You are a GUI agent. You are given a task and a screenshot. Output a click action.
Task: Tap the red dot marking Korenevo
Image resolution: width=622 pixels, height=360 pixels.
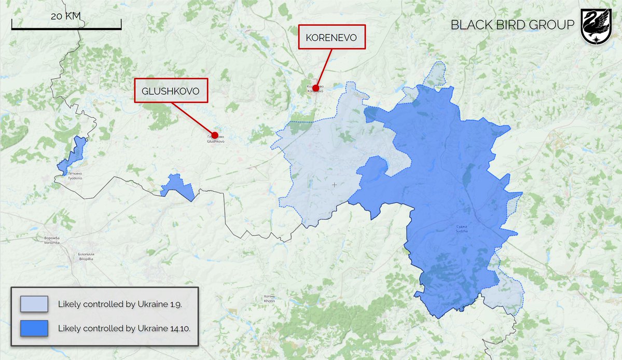315,89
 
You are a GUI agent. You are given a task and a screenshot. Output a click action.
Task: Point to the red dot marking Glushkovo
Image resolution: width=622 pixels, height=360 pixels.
214,135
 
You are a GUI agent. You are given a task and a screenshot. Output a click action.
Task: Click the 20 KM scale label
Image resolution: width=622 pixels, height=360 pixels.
66,16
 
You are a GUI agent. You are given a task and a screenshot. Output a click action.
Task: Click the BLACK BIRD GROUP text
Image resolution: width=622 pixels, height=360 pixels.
512,25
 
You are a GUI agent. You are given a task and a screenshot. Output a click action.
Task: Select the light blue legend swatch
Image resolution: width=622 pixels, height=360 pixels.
34,304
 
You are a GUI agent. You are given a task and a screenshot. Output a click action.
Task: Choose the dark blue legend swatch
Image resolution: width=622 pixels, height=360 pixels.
34,328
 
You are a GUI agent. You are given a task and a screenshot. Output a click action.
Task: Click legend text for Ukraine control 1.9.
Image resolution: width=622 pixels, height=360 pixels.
120,304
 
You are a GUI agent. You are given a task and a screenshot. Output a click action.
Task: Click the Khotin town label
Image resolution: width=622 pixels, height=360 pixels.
269,299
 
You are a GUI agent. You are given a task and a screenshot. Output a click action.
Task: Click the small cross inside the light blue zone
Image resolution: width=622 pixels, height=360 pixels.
335,185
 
